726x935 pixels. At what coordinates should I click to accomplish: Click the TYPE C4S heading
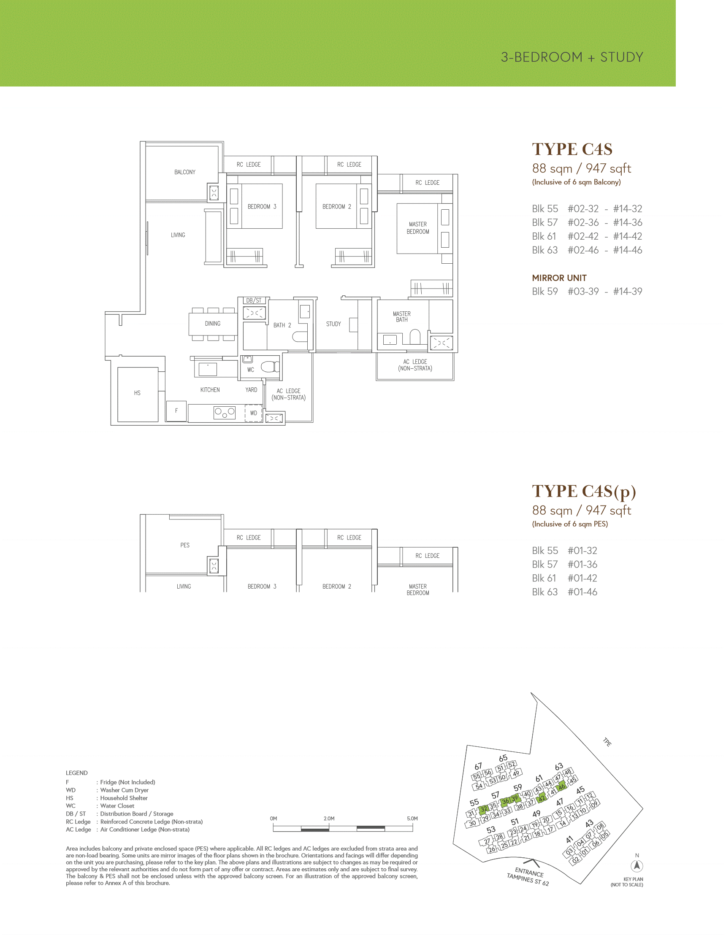coord(572,149)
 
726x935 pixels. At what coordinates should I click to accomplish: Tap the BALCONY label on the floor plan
coord(184,172)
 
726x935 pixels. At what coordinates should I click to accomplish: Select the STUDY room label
coord(333,324)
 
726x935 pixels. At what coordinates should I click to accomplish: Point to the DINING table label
coord(212,324)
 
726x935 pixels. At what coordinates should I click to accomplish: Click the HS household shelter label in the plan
coord(137,393)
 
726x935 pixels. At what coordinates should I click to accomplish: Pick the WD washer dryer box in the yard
coord(254,413)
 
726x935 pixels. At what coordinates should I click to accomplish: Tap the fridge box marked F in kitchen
coord(176,411)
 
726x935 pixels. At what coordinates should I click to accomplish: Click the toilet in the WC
coord(270,367)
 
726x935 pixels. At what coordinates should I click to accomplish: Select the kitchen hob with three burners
coord(225,413)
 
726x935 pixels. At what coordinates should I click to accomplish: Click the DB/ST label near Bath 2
coord(254,300)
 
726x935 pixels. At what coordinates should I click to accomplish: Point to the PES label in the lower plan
coord(184,545)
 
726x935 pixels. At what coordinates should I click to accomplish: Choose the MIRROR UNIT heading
coord(559,278)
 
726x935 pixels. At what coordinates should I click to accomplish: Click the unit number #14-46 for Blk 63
coord(628,250)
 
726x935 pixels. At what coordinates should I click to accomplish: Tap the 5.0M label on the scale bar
coord(412,819)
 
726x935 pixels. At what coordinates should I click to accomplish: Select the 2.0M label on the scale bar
coord(329,819)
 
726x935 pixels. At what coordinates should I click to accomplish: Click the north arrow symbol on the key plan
coord(637,866)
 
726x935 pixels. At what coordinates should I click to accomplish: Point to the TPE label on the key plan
coord(607,742)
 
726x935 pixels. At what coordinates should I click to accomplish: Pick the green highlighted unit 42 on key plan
coord(542,798)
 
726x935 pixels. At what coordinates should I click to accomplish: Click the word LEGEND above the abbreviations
coord(77,773)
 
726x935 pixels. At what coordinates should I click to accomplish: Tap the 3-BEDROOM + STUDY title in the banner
coord(572,57)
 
